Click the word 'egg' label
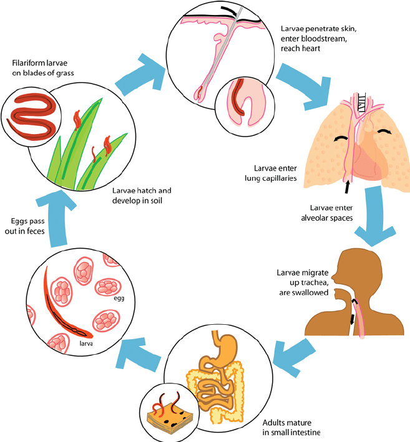(x=119, y=298)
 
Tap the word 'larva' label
(x=86, y=344)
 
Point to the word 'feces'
(x=35, y=231)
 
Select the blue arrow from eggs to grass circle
(x=55, y=216)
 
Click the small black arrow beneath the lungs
(x=348, y=187)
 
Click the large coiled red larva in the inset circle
(x=32, y=116)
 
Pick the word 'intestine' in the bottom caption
(x=306, y=432)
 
